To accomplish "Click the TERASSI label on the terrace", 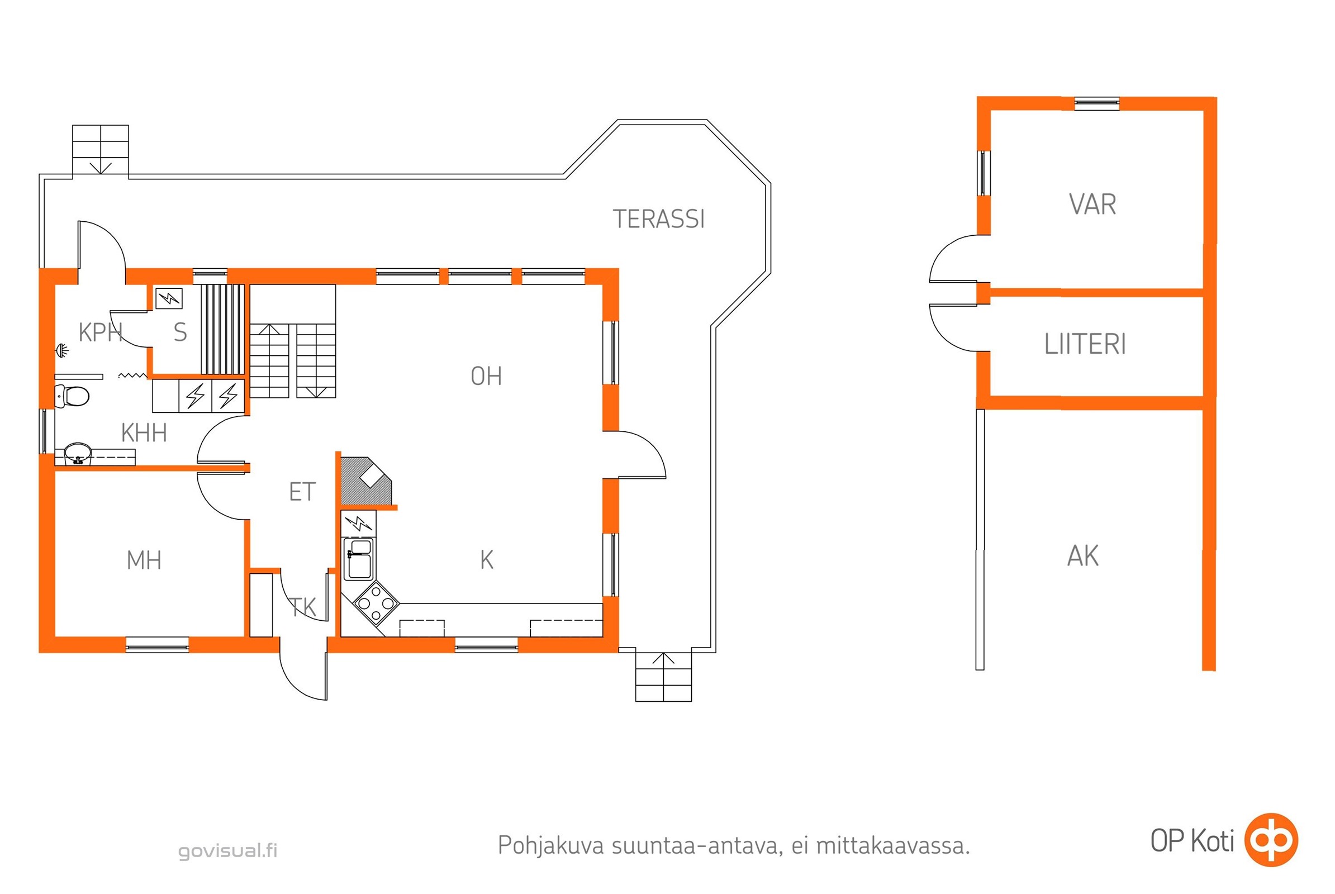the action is click(x=659, y=220).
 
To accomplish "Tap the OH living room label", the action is click(x=486, y=376).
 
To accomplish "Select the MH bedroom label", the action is click(x=144, y=560).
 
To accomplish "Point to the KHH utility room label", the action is click(x=144, y=434).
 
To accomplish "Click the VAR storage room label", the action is click(x=1092, y=205).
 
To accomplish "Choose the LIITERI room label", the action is click(x=1085, y=344).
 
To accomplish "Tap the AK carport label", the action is click(x=1083, y=556).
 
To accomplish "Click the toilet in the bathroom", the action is click(x=72, y=396).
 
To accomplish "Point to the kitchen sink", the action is click(x=359, y=559).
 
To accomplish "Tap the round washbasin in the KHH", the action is click(x=78, y=454).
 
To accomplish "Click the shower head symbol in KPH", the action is click(x=61, y=350).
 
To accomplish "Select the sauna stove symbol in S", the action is click(x=169, y=298).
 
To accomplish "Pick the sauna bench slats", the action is click(x=222, y=330).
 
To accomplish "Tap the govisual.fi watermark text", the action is click(x=228, y=850).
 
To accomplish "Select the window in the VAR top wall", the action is click(x=1096, y=103).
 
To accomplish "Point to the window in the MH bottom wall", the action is click(x=158, y=645).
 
